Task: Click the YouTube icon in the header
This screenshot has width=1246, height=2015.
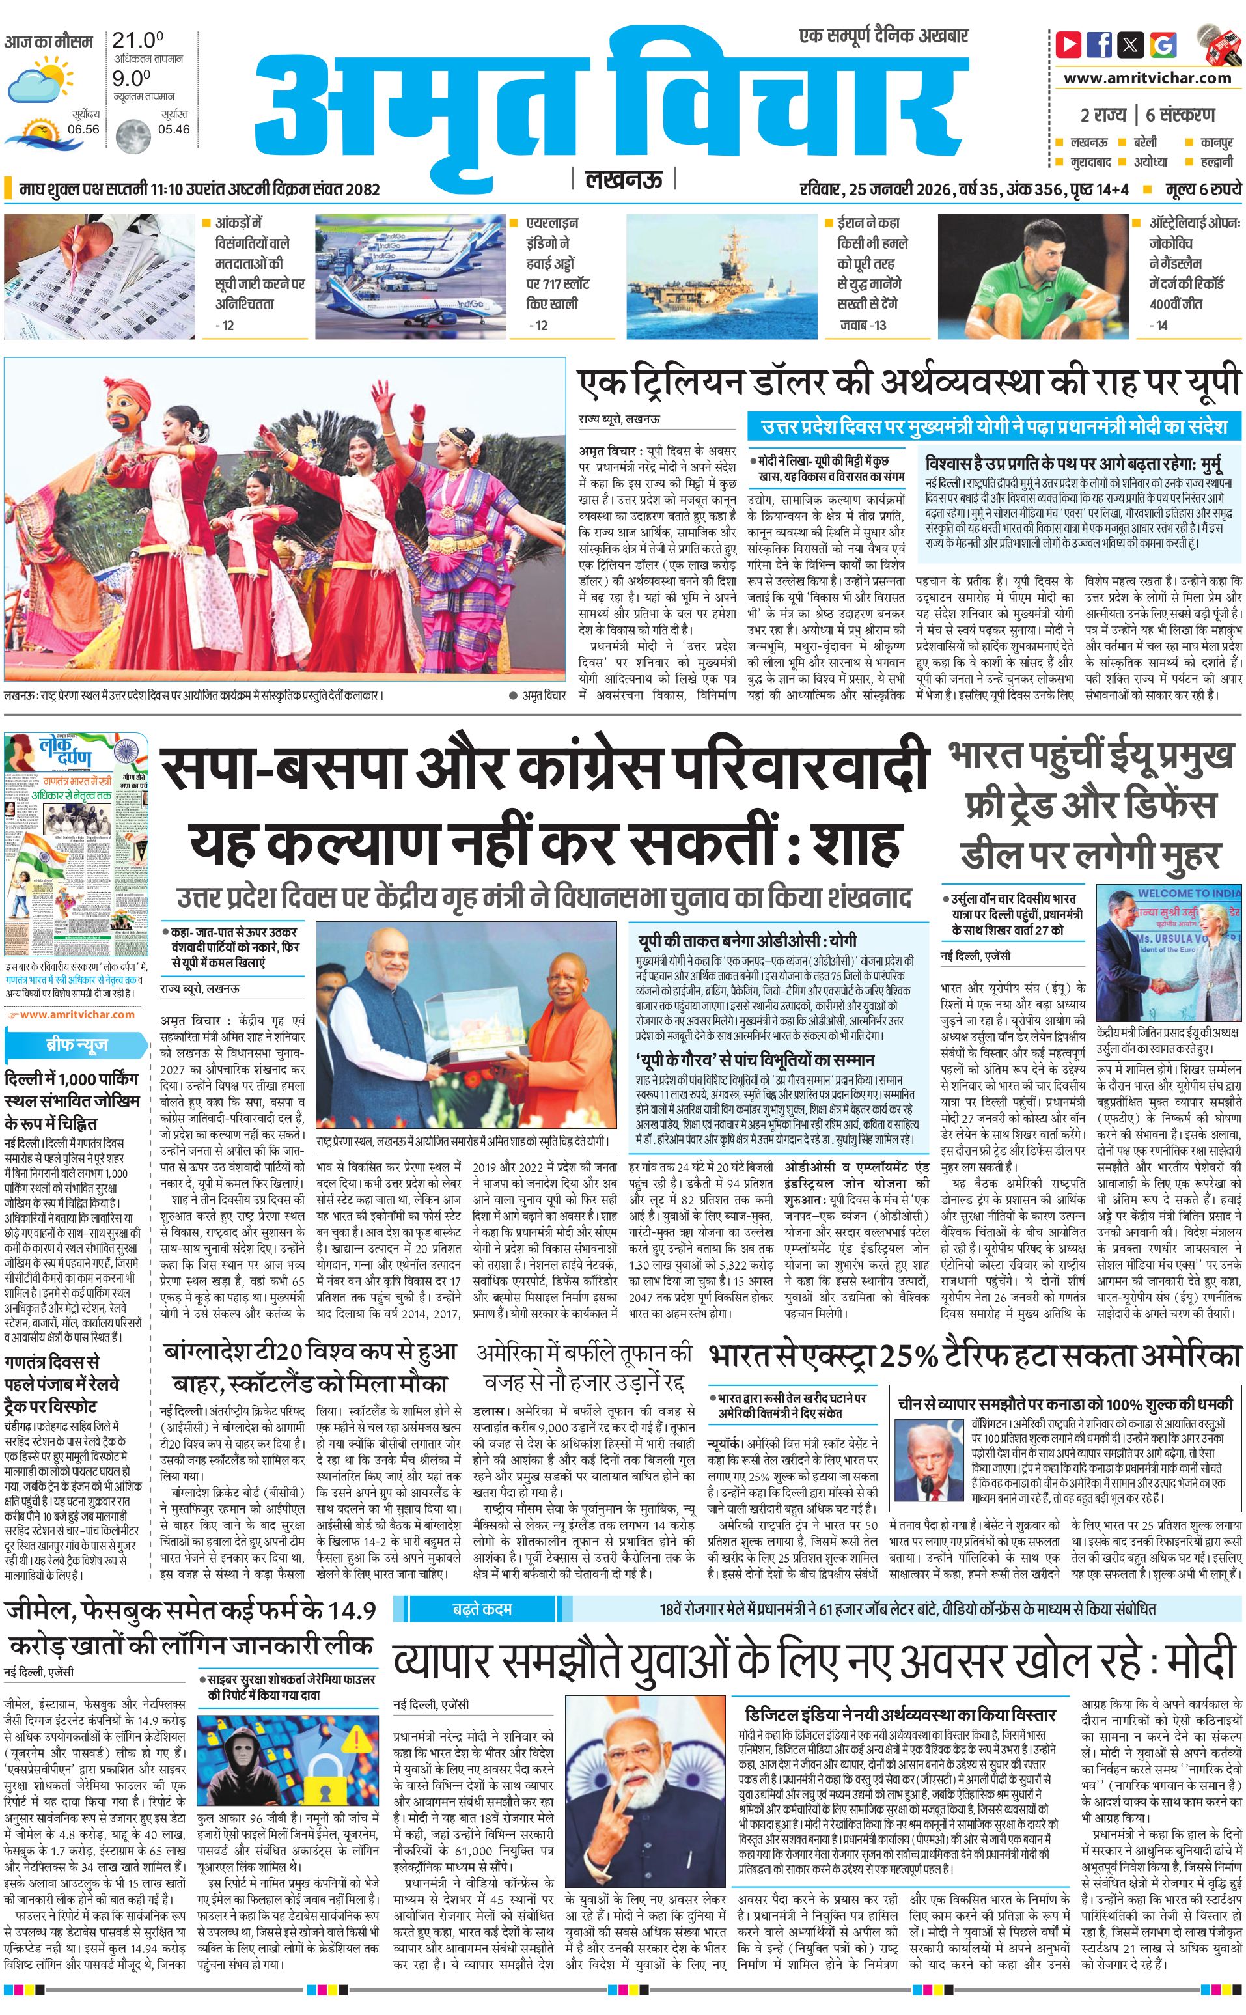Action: click(x=1069, y=44)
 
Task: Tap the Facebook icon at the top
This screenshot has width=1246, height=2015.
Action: click(x=1100, y=44)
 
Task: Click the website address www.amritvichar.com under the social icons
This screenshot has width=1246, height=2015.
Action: click(x=1147, y=78)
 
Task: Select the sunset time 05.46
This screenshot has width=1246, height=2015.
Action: click(x=174, y=128)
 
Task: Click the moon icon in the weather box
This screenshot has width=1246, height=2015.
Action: click(x=133, y=135)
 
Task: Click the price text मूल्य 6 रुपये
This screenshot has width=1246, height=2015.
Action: click(x=1202, y=189)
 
